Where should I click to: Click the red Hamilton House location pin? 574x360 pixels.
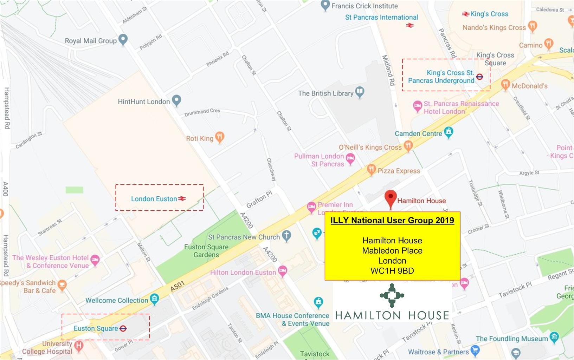click(x=391, y=198)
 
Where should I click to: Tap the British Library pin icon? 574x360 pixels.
click(x=360, y=92)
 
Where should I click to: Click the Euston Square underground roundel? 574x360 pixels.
click(x=123, y=328)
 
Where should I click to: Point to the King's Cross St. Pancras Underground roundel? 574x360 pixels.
click(x=479, y=77)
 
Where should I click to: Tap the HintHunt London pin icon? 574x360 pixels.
click(x=176, y=100)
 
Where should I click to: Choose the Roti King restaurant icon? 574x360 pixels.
click(x=220, y=137)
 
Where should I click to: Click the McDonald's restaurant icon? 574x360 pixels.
click(x=505, y=84)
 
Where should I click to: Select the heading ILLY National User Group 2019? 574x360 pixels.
click(x=392, y=221)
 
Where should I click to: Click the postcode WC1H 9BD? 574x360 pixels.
click(x=392, y=271)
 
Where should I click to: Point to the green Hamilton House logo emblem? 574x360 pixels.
click(x=392, y=295)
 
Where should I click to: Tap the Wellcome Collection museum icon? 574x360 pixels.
click(x=154, y=299)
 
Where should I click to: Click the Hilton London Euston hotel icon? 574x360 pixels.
click(x=282, y=271)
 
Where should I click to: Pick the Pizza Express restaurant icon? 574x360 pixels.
click(x=372, y=170)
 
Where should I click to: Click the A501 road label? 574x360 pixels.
click(x=178, y=287)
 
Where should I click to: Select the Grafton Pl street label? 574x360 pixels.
click(x=259, y=200)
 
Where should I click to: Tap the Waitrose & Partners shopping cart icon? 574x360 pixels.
click(x=475, y=350)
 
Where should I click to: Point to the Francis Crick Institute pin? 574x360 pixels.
click(x=325, y=5)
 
